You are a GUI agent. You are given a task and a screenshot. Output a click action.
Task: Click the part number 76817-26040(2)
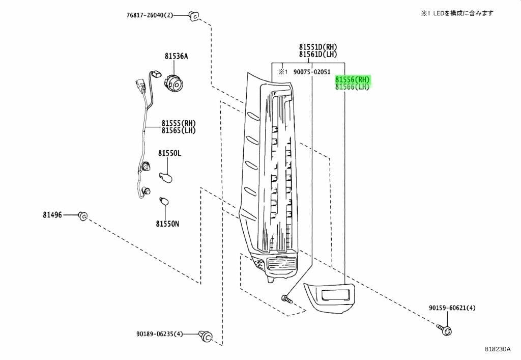tap(150, 15)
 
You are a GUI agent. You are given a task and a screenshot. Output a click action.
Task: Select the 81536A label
tap(176, 56)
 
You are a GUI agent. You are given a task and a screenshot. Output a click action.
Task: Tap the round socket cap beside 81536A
tap(173, 81)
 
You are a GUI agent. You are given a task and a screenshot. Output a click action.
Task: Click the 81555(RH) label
tap(179, 123)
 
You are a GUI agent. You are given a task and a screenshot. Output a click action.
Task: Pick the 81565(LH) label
tap(179, 130)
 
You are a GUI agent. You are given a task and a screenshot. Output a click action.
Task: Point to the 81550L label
tap(169, 153)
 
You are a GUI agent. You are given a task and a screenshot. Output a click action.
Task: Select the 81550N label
tap(167, 224)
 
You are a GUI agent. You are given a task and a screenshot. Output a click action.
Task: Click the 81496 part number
tap(52, 215)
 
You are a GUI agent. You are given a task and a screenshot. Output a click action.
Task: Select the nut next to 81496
tap(82, 216)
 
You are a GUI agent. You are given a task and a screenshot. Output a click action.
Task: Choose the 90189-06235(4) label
tap(159, 334)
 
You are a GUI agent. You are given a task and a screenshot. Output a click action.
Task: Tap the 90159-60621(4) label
tap(452, 308)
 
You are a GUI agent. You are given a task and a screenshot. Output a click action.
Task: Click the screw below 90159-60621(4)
tap(445, 329)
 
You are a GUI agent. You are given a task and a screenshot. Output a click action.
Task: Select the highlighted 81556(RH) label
tap(353, 80)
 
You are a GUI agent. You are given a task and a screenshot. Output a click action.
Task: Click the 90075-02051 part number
tap(312, 72)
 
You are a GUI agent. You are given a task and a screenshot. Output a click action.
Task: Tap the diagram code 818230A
tap(497, 349)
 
